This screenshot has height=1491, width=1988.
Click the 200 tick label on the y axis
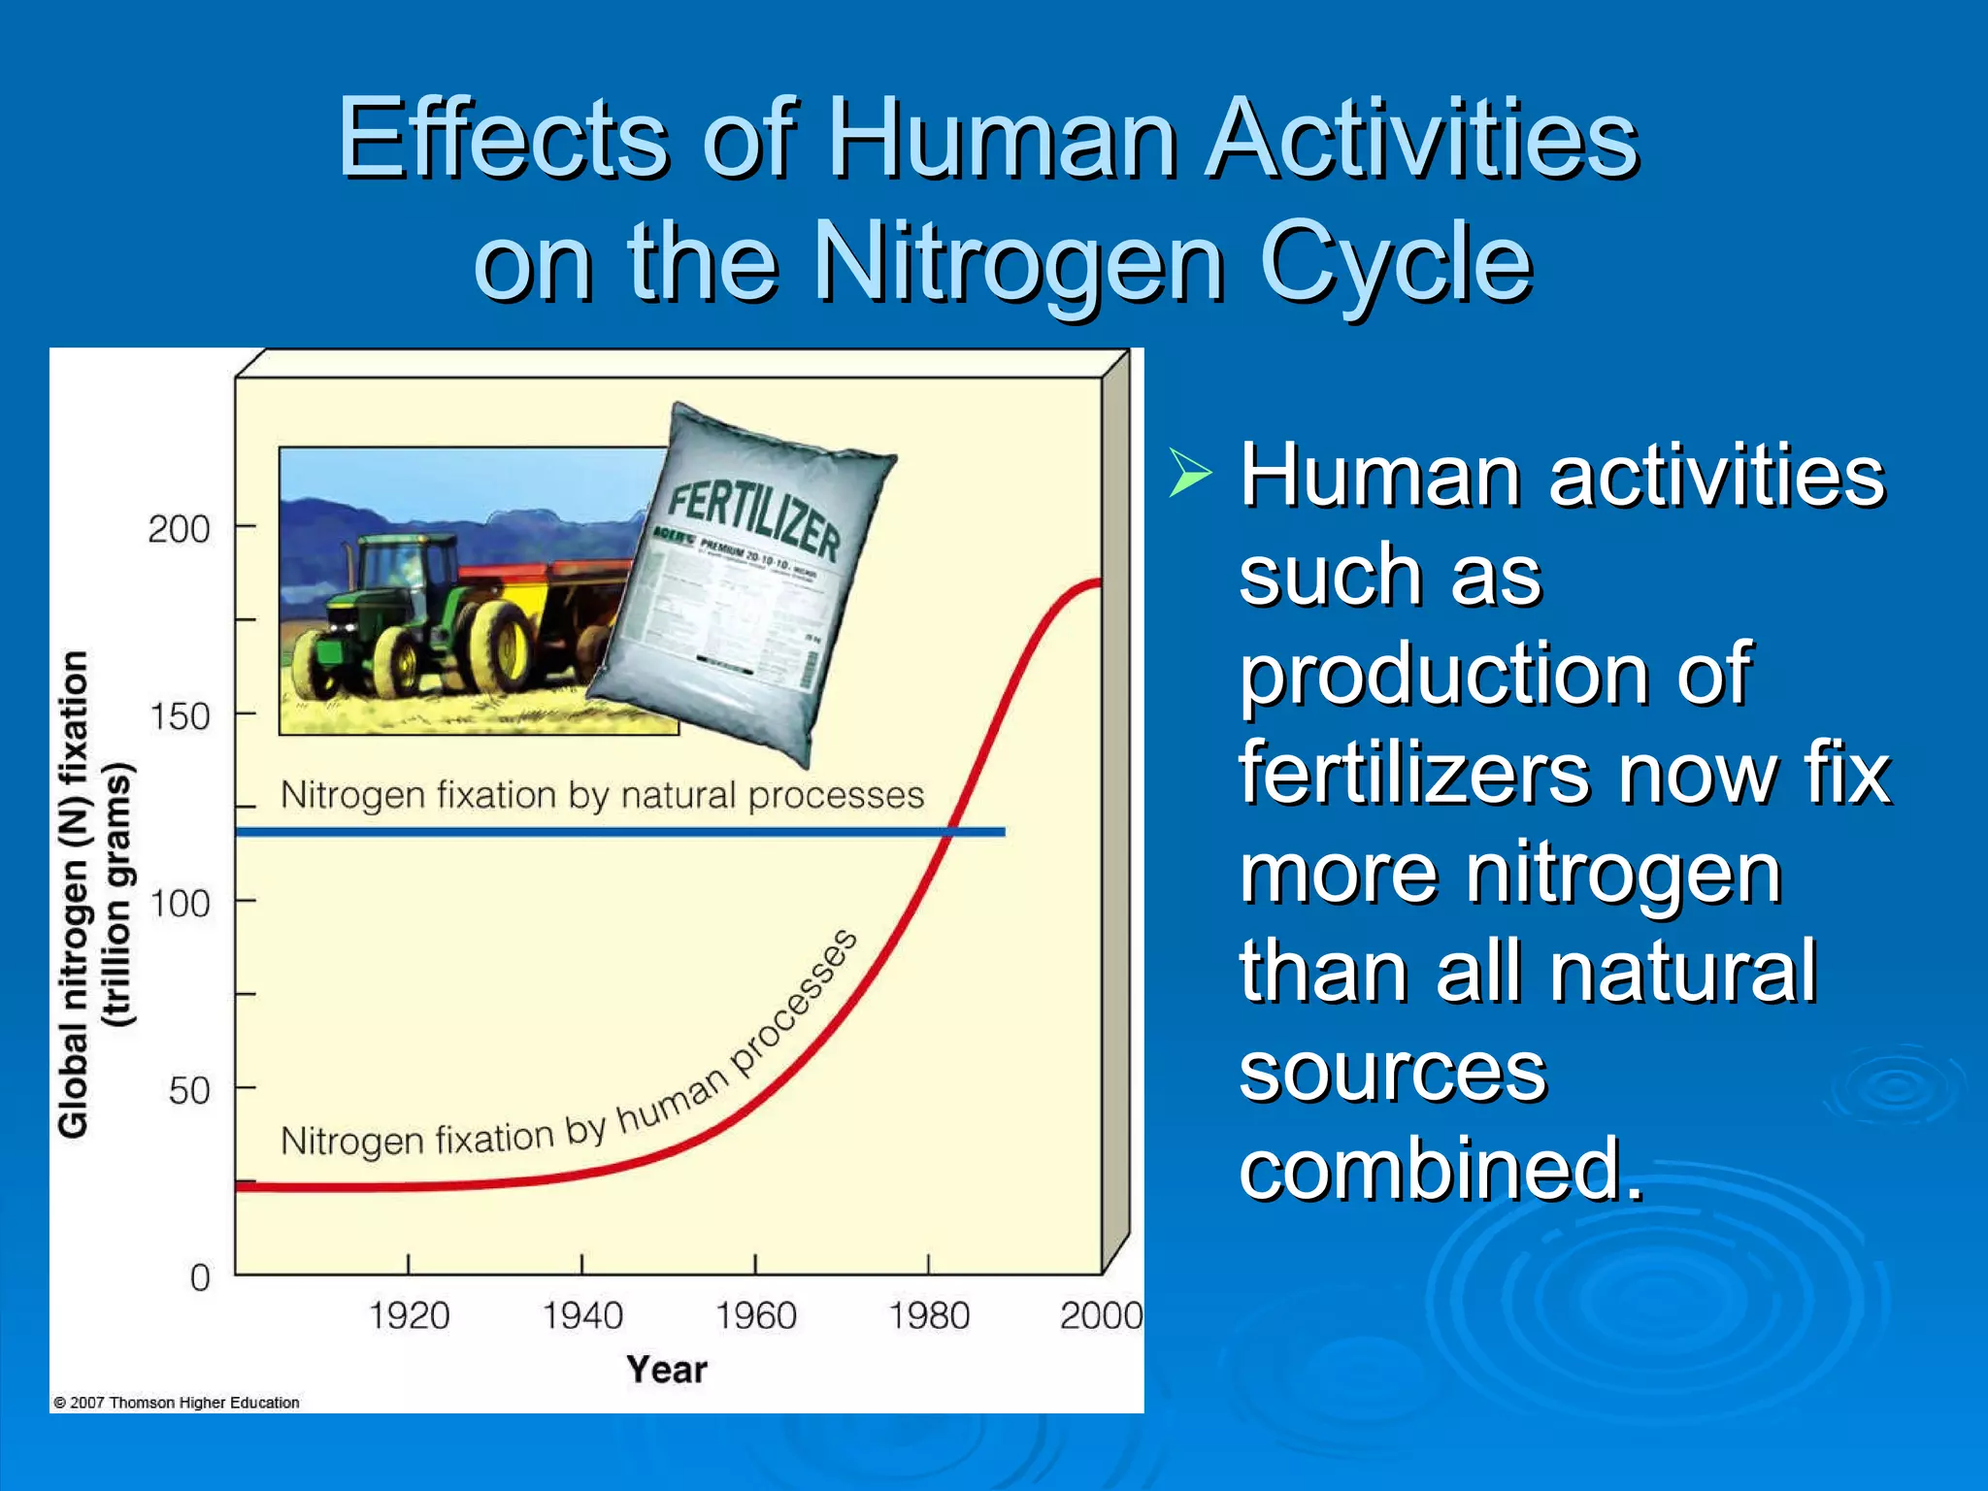click(x=179, y=530)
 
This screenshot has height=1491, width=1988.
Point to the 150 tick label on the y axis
click(x=180, y=717)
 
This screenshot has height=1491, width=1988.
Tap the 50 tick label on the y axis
click(x=188, y=1091)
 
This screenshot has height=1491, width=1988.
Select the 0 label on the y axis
click(x=200, y=1277)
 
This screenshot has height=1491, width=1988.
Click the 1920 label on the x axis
click(x=409, y=1316)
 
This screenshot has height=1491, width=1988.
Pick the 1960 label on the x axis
click(x=755, y=1316)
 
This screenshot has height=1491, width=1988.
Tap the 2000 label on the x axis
click(x=1100, y=1316)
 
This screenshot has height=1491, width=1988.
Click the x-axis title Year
click(x=666, y=1370)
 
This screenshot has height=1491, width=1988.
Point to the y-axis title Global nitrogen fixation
click(x=74, y=893)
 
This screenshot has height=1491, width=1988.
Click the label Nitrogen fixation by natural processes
click(x=602, y=796)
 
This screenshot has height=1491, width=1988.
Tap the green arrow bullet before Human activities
click(x=1191, y=474)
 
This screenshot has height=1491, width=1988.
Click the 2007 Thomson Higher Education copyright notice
click(x=176, y=1403)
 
